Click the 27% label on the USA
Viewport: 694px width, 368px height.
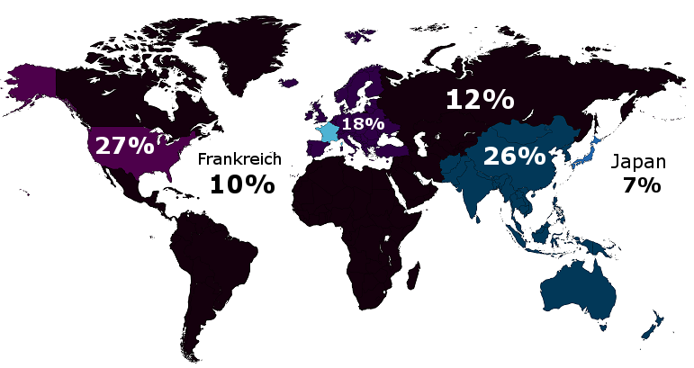124,145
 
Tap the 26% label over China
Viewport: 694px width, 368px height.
514,156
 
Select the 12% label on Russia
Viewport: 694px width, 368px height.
479,99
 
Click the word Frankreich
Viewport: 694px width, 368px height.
239,159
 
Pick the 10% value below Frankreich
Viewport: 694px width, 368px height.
241,184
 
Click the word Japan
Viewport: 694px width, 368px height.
638,163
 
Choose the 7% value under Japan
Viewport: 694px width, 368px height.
641,186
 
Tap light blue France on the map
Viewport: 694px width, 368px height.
326,132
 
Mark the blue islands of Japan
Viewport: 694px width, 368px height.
582,153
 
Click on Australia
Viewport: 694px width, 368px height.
577,287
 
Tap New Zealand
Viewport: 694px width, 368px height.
650,327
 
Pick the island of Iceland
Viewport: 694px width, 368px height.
288,82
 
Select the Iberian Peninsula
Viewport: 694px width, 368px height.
311,148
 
